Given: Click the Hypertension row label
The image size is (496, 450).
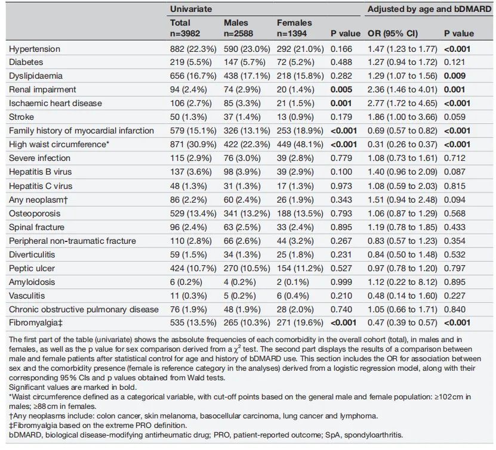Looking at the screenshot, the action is coord(35,49).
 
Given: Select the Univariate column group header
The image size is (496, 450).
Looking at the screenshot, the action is coord(191,9).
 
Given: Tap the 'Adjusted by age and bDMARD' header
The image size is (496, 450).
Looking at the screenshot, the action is coord(429,9).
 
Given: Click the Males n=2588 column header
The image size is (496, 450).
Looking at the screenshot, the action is coord(238,28).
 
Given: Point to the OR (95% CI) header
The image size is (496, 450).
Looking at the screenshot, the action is coord(393,33).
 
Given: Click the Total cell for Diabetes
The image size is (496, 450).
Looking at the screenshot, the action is coord(191,62).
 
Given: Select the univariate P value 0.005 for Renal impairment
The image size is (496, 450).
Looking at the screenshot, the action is coord(341,89).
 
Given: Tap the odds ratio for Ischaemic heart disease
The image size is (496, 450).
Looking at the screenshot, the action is coord(402,103).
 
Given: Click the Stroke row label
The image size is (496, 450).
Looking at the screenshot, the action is coord(21,117).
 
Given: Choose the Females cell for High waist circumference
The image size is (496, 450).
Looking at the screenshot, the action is coord(300,144).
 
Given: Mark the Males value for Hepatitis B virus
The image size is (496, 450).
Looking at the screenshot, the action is coord(242,172).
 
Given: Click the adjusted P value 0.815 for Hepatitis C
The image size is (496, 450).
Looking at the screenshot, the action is coord(455,186).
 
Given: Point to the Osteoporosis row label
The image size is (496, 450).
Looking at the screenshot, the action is coord(35,213).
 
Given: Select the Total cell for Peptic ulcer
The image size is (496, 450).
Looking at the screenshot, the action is coord(193,268).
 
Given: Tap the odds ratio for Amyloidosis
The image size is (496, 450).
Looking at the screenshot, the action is coord(402,282).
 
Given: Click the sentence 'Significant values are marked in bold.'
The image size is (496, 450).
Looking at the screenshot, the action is coord(73,387).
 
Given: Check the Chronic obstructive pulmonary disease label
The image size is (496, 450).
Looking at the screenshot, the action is coord(84,309).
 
